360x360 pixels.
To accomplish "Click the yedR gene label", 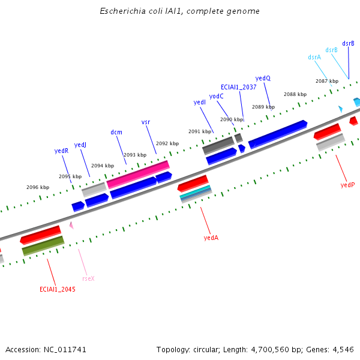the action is [61, 151].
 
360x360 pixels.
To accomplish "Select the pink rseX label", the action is [88, 278].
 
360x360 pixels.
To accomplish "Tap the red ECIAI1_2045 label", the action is [58, 289].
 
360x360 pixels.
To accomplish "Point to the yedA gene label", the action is [211, 238].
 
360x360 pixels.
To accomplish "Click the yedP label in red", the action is [347, 185].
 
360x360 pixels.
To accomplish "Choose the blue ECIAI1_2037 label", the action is [239, 87].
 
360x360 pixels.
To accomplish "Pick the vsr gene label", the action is [146, 122].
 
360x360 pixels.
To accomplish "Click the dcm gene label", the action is [116, 132].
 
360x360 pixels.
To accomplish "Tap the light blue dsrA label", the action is [314, 57].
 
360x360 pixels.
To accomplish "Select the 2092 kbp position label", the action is [167, 143].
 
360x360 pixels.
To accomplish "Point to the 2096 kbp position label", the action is [38, 187].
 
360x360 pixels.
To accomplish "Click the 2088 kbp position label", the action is [295, 94].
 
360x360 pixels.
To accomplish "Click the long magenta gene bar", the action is [138, 175].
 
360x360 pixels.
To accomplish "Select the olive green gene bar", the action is [43, 246].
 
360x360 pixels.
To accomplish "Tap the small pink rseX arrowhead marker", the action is [71, 225].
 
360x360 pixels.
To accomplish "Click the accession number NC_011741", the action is [65, 350].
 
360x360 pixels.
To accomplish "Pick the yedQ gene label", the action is [263, 78].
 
